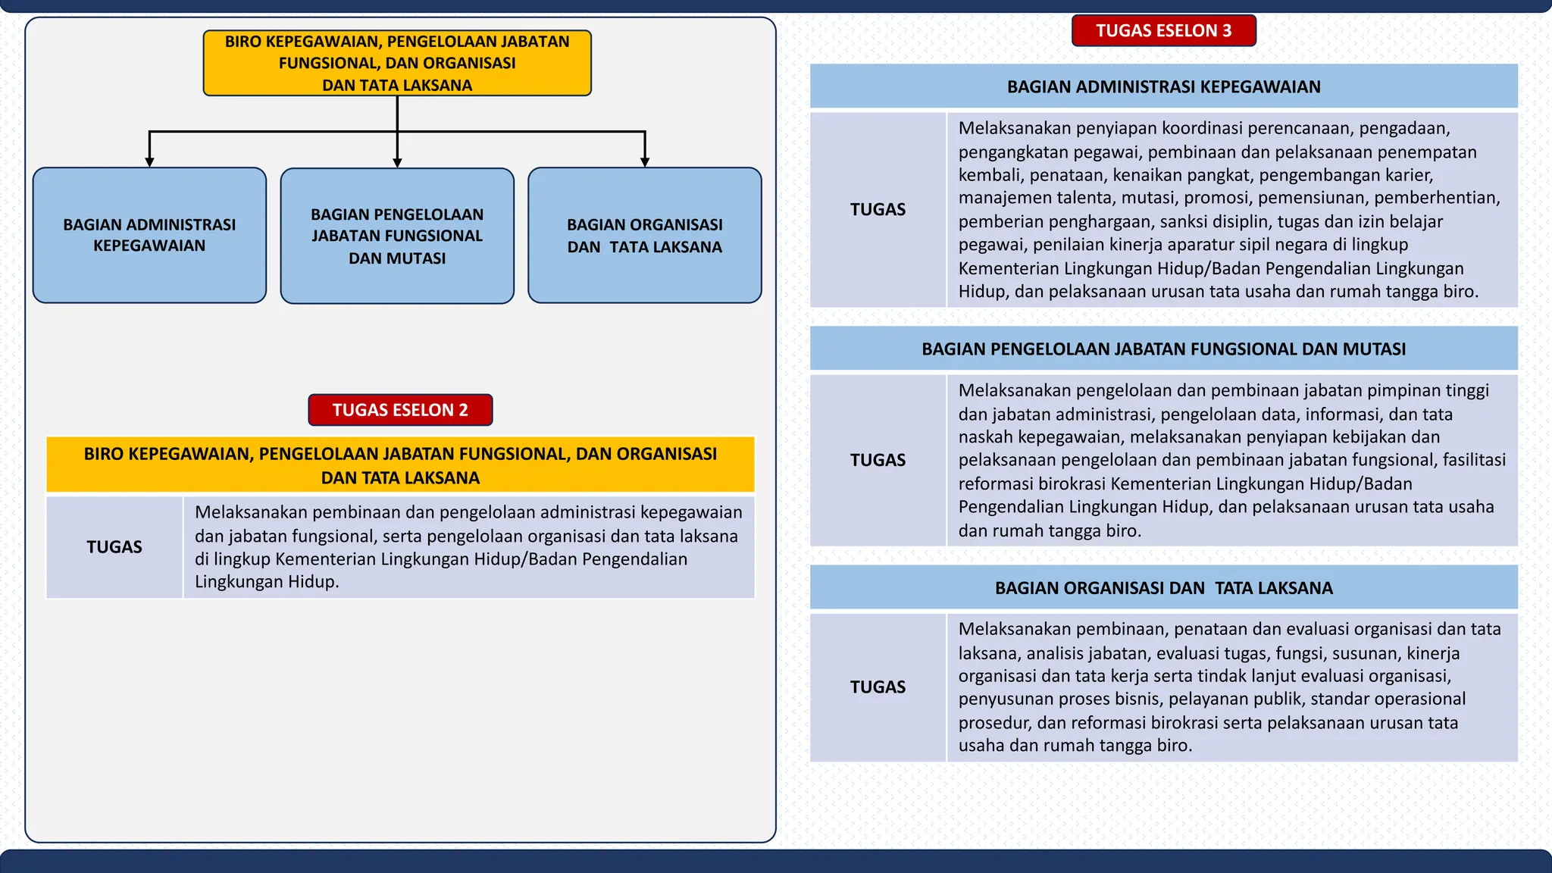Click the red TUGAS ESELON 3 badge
(1163, 31)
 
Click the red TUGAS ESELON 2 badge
(400, 410)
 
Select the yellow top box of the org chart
(397, 63)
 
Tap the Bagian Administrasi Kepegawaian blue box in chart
(149, 236)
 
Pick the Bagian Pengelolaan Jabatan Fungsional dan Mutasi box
(397, 236)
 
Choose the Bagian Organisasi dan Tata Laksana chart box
(645, 236)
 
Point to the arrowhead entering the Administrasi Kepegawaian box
(149, 161)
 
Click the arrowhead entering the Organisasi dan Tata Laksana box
(645, 161)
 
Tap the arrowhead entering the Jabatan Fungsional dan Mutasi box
(397, 162)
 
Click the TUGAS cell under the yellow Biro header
(114, 547)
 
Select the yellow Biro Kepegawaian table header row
(400, 465)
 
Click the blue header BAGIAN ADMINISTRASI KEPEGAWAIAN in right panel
(1163, 86)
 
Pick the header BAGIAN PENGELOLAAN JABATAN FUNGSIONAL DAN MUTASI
(1163, 349)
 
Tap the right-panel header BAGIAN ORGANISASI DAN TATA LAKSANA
(1163, 588)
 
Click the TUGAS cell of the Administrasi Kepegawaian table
(878, 210)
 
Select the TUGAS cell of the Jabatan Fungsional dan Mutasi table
(878, 460)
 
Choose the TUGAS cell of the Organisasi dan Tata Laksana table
(878, 687)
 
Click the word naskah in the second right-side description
(985, 437)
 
